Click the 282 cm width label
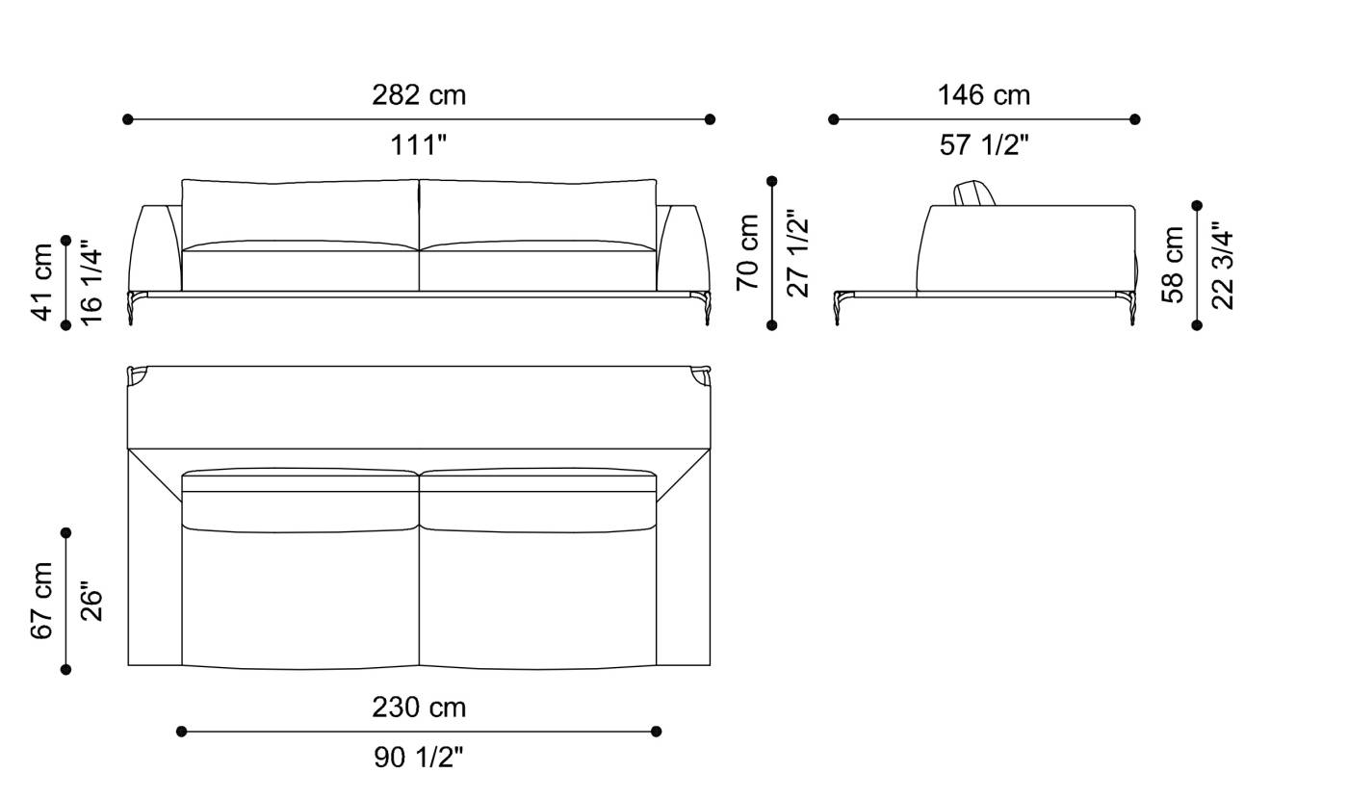click(x=419, y=95)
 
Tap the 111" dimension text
click(x=419, y=145)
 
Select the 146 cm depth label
click(x=984, y=95)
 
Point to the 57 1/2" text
click(x=984, y=145)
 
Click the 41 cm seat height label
click(x=42, y=282)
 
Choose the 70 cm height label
click(x=748, y=252)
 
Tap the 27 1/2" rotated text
click(x=797, y=252)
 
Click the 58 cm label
click(x=1173, y=265)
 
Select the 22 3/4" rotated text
click(x=1222, y=265)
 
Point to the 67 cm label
click(x=42, y=601)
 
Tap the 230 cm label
click(x=419, y=708)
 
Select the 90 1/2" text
click(x=419, y=758)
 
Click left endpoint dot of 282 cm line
click(x=128, y=119)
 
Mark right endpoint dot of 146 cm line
click(x=1135, y=119)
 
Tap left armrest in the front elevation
click(x=156, y=247)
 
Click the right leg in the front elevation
click(x=705, y=309)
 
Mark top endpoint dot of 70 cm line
click(x=771, y=181)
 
